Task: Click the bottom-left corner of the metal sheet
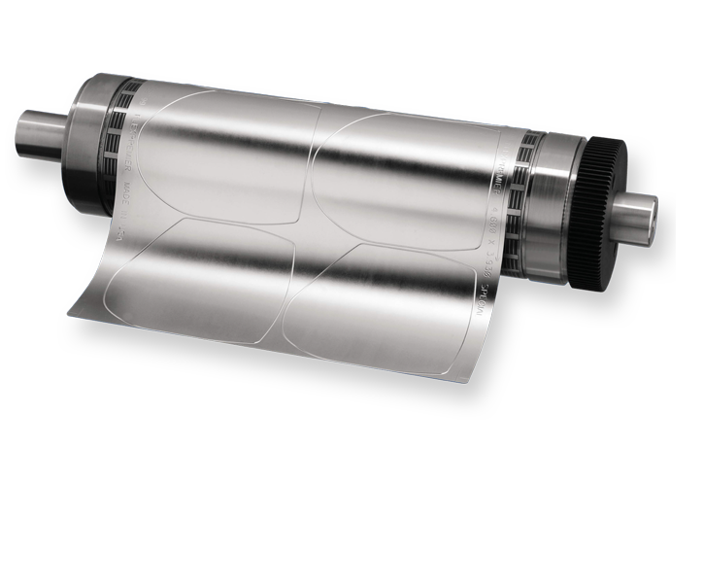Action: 70,313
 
